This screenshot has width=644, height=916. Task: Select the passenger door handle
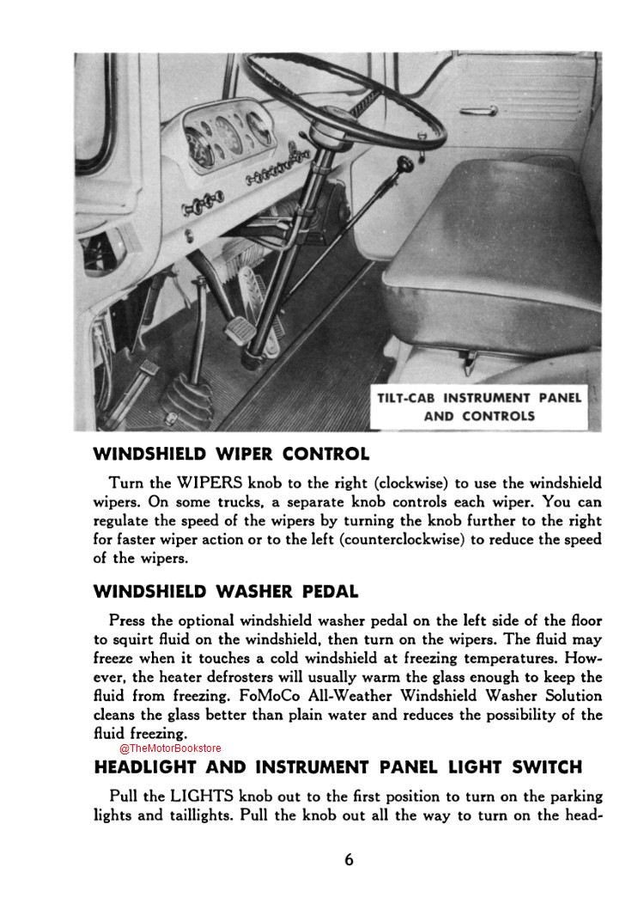click(478, 110)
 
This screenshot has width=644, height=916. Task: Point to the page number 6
click(349, 860)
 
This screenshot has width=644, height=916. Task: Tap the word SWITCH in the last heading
click(545, 767)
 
